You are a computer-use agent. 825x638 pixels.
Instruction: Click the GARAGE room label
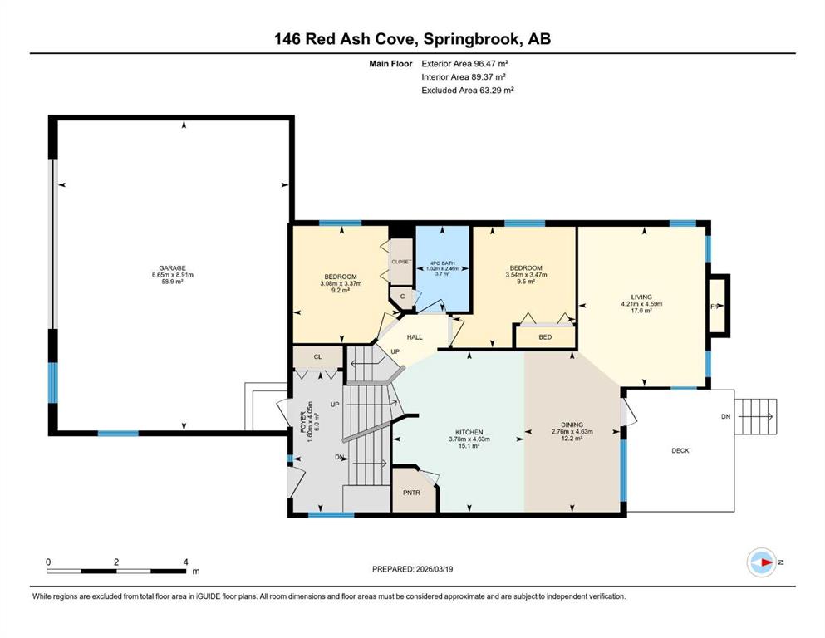coord(173,268)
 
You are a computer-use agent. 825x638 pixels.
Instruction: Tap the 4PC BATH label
coord(443,263)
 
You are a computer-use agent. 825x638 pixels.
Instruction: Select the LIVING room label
coord(641,297)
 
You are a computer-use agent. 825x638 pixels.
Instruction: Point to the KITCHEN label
coord(469,432)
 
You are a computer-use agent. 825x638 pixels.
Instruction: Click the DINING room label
coord(572,425)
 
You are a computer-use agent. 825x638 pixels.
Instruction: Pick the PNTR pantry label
coord(411,493)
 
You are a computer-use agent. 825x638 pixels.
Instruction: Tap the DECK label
coord(680,451)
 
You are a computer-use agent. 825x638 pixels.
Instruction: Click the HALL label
coord(415,337)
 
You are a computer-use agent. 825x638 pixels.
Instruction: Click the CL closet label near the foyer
coord(318,356)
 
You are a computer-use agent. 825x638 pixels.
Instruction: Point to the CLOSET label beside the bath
coord(401,262)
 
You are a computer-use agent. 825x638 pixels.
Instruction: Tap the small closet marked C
coord(402,297)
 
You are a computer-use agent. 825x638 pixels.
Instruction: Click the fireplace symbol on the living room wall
coord(719,306)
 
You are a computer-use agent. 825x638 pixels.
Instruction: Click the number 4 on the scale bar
coord(186,562)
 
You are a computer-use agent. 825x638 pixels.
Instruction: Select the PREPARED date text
coord(412,569)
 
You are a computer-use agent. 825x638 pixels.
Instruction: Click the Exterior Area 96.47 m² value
coord(465,64)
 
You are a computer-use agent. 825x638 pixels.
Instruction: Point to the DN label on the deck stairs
coord(725,416)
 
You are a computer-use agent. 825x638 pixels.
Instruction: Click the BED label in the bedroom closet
coord(545,337)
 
